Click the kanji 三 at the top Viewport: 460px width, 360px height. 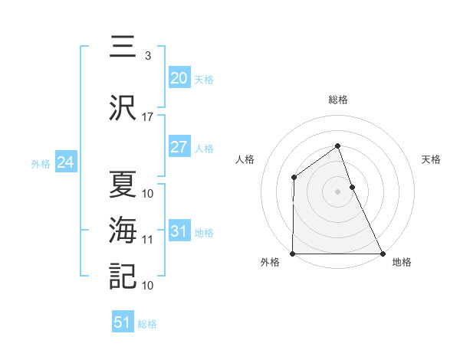coord(123,47)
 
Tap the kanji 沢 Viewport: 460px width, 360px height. coord(123,108)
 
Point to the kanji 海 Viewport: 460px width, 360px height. coord(123,230)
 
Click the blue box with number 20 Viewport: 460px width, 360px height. coord(179,78)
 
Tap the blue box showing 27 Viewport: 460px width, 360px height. coord(179,147)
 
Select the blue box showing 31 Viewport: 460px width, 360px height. coord(179,231)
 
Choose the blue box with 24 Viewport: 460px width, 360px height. coord(65,162)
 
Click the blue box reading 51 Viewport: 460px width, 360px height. coord(123,322)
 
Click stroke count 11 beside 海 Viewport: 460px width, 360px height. coord(148,240)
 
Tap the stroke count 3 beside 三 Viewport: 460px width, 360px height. coord(147,56)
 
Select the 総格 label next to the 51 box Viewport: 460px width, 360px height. coord(147,324)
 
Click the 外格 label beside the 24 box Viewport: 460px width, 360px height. coord(41,163)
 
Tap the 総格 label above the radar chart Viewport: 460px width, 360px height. coord(337,100)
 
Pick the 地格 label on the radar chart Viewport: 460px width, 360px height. coord(402,262)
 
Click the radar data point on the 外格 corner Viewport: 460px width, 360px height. coord(293,254)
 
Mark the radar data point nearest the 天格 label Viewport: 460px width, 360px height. coord(352,186)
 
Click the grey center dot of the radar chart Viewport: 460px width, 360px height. coord(337,191)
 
